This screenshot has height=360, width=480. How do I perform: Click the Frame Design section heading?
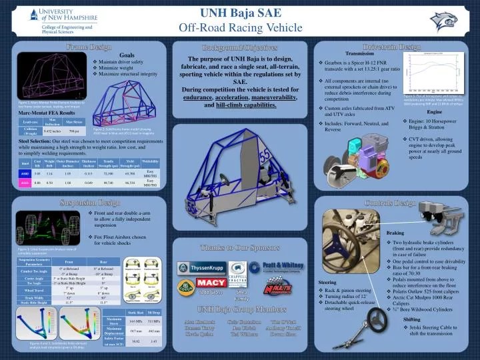87,47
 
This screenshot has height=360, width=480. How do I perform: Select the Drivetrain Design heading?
391,47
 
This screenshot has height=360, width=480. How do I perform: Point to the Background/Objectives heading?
239,47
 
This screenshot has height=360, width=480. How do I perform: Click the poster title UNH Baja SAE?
241,13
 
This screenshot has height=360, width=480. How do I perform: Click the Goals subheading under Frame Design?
127,55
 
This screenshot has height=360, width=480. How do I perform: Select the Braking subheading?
395,232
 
